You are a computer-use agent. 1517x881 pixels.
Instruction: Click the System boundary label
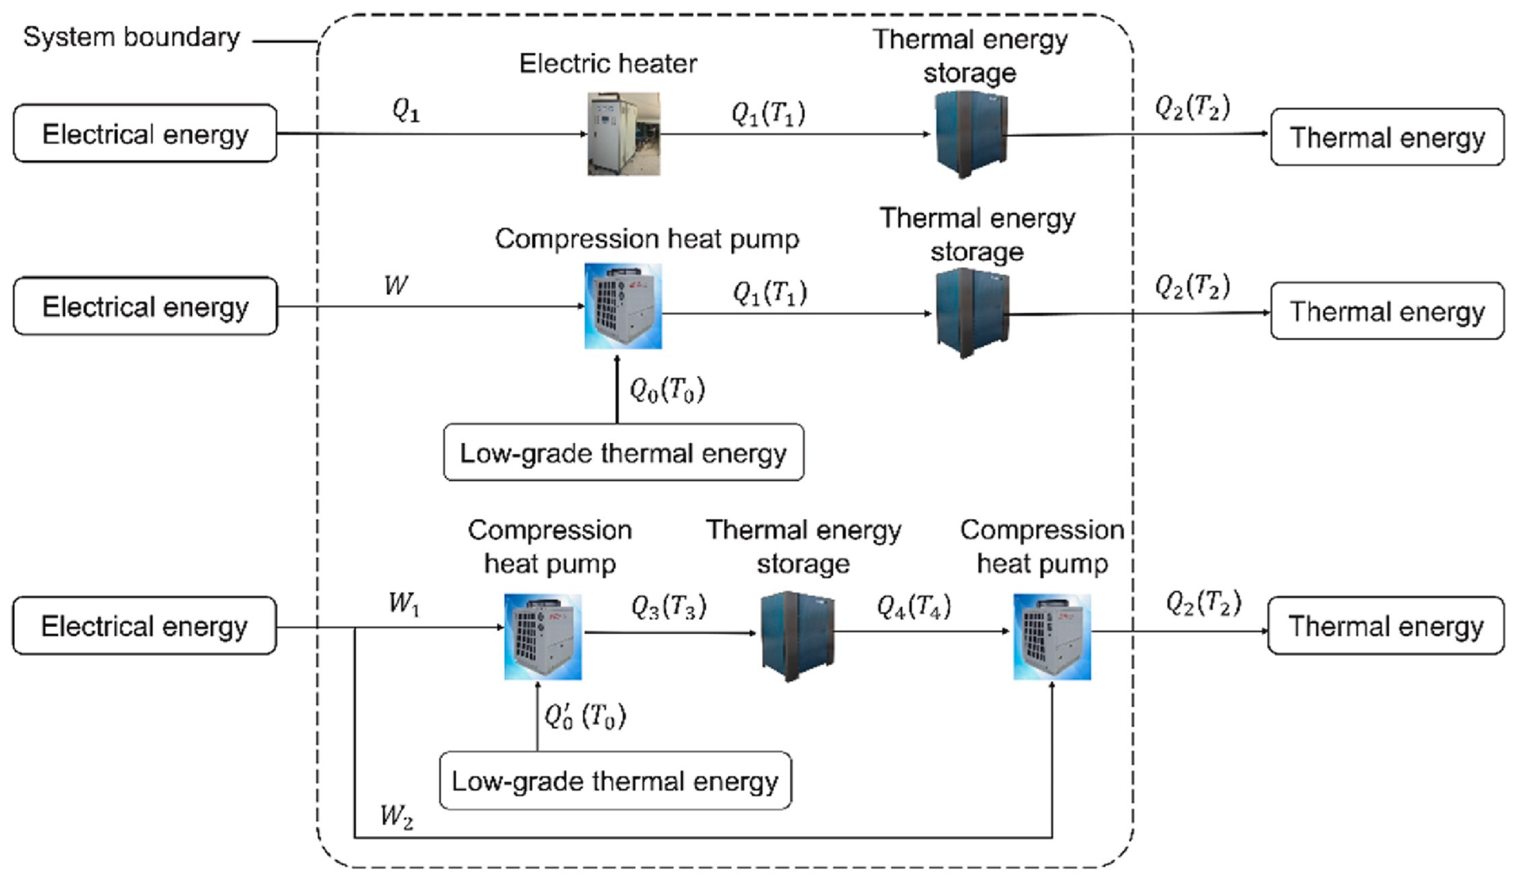pyautogui.click(x=131, y=38)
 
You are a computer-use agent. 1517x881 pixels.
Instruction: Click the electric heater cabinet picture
pyautogui.click(x=624, y=134)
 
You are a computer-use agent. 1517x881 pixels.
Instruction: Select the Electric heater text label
pyautogui.click(x=608, y=63)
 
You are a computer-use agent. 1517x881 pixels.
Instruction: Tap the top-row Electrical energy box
pyautogui.click(x=145, y=134)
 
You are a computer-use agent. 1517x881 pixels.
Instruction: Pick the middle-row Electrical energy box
pyautogui.click(x=145, y=306)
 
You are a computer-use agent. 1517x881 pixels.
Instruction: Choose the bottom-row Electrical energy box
pyautogui.click(x=145, y=626)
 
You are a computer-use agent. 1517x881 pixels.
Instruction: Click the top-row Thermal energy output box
pyautogui.click(x=1387, y=137)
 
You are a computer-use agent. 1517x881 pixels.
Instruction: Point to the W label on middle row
pyautogui.click(x=395, y=285)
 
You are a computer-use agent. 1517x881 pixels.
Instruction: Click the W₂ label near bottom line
pyautogui.click(x=396, y=816)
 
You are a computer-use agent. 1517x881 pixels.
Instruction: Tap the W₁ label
pyautogui.click(x=403, y=603)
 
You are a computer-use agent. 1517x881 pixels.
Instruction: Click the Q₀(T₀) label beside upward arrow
pyautogui.click(x=667, y=390)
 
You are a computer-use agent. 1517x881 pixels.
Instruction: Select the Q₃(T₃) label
pyautogui.click(x=668, y=607)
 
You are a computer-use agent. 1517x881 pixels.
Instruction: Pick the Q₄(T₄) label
pyautogui.click(x=913, y=607)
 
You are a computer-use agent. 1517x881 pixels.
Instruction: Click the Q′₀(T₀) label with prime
pyautogui.click(x=585, y=716)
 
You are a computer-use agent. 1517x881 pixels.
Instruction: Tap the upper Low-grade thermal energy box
pyautogui.click(x=623, y=453)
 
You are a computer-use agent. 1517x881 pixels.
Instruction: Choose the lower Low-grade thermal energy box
pyautogui.click(x=615, y=781)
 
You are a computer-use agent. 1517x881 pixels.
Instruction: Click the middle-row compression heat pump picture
pyautogui.click(x=623, y=306)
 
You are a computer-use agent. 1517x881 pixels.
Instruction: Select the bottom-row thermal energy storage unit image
pyautogui.click(x=798, y=636)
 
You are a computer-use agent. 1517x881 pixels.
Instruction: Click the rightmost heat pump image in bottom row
pyautogui.click(x=1052, y=636)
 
